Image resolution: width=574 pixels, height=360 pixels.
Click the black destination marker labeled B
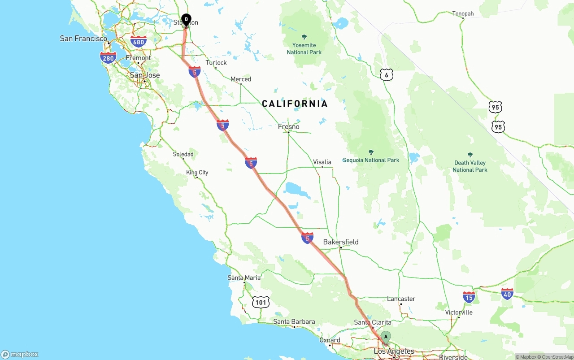[186, 20]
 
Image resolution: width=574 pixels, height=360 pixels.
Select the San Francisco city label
[83, 39]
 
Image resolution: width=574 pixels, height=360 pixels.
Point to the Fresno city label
[288, 127]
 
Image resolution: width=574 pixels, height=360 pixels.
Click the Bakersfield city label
[341, 242]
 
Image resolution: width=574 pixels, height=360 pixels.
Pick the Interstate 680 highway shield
[139, 42]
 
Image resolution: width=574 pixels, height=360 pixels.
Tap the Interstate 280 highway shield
[108, 57]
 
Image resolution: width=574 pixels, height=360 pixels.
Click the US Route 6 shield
[387, 75]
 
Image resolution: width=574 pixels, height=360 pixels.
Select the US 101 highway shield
[261, 302]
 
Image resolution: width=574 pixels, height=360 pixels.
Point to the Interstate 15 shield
[469, 297]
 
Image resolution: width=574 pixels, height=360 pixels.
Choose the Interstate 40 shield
[507, 294]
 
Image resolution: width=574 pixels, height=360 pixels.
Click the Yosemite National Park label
[304, 48]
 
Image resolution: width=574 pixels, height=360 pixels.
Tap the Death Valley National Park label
[470, 166]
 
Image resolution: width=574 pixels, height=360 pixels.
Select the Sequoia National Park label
[371, 160]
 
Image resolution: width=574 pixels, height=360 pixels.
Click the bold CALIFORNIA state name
[295, 104]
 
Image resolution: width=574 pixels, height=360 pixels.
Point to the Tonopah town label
[463, 14]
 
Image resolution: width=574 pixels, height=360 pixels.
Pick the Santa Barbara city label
[294, 322]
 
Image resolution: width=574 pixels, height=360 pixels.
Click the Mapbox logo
[20, 354]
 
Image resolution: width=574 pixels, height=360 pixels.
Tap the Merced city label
[241, 79]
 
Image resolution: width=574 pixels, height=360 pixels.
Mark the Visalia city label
[322, 162]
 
